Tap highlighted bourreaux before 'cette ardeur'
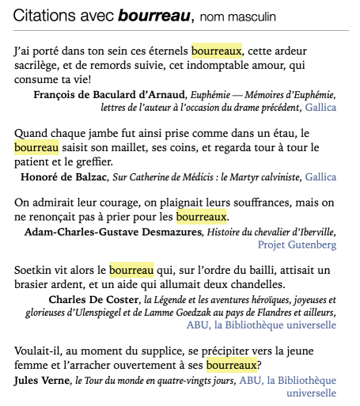tap(216, 51)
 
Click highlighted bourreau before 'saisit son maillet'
tap(36, 146)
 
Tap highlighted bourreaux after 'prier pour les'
tap(201, 215)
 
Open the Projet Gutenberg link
tap(302, 245)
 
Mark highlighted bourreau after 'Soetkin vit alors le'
tap(131, 271)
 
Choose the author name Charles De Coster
tap(93, 300)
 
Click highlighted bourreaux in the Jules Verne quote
tap(232, 366)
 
